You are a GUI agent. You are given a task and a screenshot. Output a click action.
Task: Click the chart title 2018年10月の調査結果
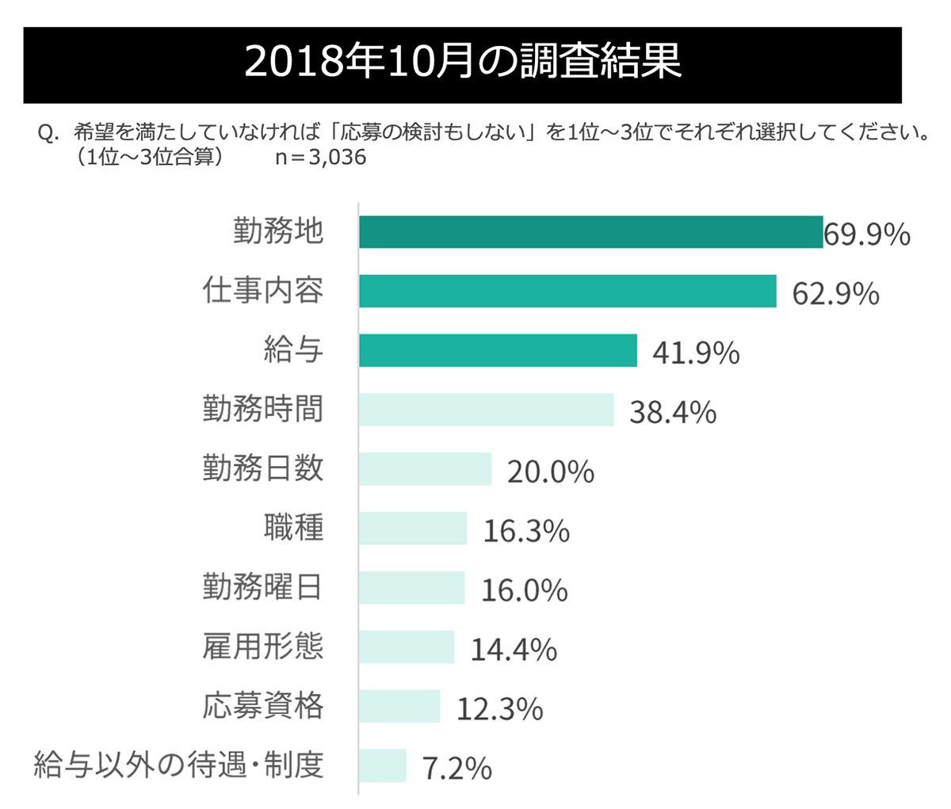click(463, 64)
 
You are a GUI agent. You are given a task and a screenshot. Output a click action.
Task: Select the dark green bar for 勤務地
click(590, 232)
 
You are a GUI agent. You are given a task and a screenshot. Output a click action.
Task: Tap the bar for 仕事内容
click(567, 291)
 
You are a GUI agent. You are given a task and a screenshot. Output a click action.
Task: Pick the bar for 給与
click(498, 350)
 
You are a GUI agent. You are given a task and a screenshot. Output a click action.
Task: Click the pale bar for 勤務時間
click(486, 410)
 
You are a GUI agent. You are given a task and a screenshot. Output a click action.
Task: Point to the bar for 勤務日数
click(425, 469)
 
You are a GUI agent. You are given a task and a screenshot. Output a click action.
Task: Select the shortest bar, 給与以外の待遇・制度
click(382, 766)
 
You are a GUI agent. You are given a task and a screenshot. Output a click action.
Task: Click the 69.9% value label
click(867, 235)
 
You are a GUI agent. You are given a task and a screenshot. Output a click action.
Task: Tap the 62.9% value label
click(836, 294)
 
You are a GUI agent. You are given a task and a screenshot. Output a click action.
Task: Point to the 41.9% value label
click(696, 353)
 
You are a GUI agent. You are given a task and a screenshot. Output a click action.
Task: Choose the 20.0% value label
click(551, 472)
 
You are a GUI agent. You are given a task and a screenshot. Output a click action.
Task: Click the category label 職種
click(293, 528)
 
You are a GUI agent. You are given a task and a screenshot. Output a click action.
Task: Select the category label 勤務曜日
click(263, 587)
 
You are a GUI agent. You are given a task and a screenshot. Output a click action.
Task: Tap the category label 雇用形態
click(263, 647)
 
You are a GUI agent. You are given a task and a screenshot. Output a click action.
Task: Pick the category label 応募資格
click(263, 705)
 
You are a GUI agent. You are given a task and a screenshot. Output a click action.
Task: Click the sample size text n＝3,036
click(320, 158)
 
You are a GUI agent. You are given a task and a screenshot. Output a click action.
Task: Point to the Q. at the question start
click(49, 132)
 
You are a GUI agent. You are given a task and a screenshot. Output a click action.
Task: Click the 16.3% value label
click(526, 532)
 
